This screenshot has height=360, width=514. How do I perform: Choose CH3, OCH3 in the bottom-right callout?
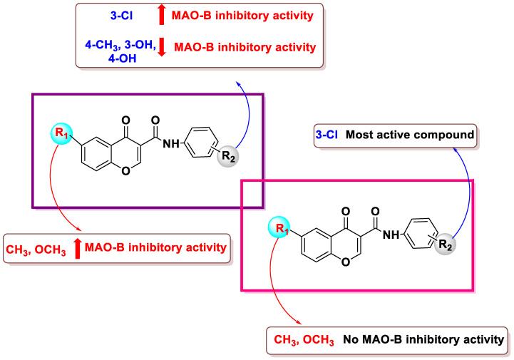(x=301, y=338)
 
